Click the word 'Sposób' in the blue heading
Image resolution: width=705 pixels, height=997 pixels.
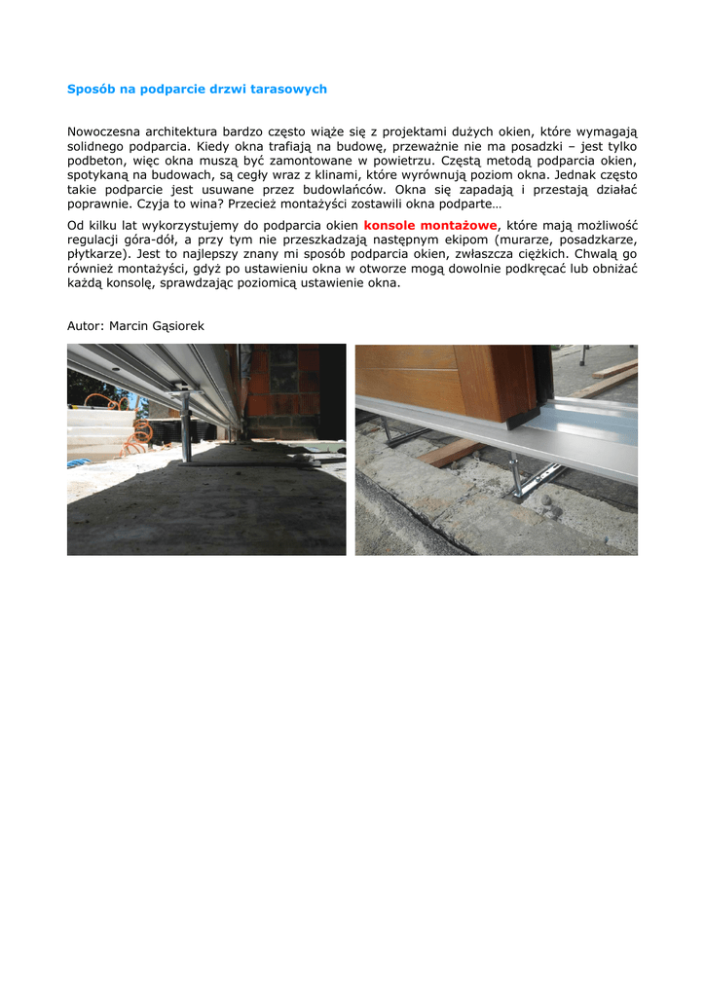click(x=91, y=89)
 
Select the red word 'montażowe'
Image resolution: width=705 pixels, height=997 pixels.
click(x=461, y=225)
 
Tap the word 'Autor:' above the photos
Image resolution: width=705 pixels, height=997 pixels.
click(x=86, y=325)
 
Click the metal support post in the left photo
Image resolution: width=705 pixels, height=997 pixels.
click(x=184, y=429)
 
